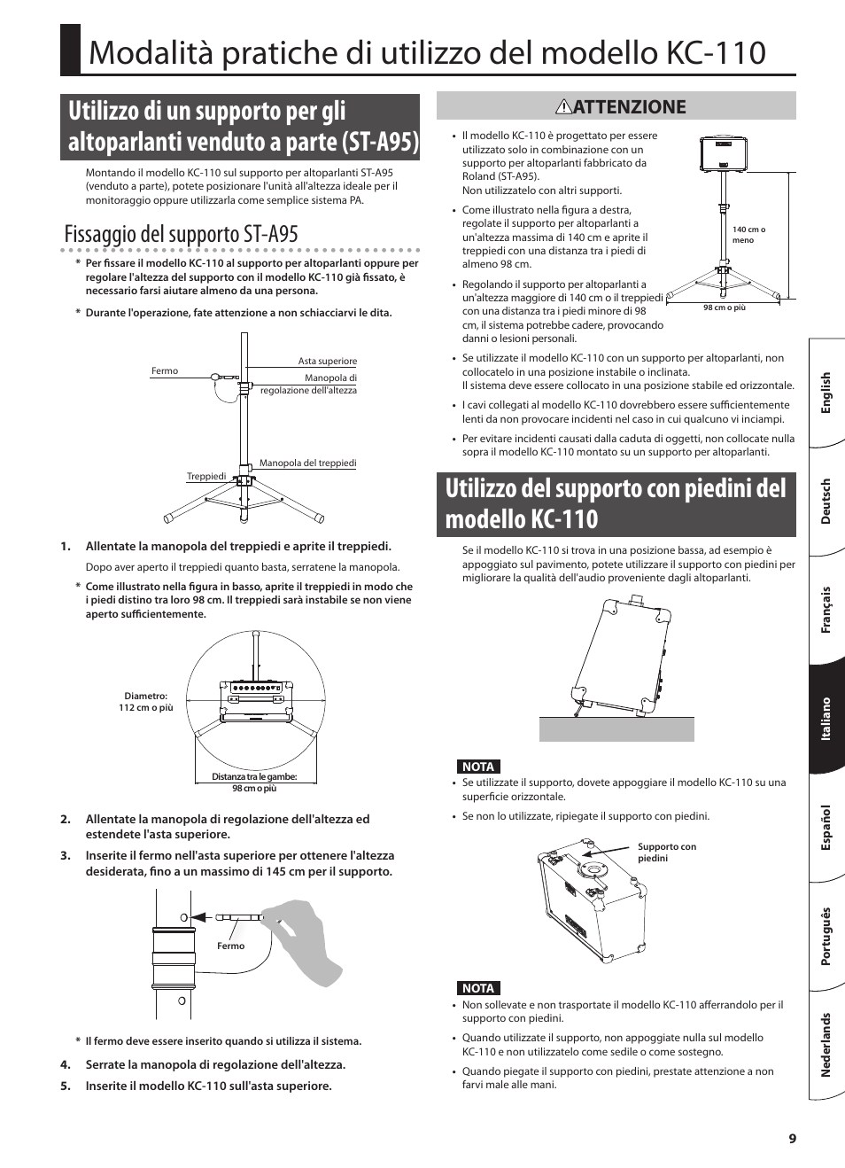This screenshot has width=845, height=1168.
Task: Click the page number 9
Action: pyautogui.click(x=793, y=1139)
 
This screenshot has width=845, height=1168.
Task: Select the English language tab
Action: pyautogui.click(x=826, y=393)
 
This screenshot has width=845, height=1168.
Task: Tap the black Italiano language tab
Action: pyautogui.click(x=826, y=719)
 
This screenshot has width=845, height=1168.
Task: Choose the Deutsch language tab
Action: pyautogui.click(x=826, y=502)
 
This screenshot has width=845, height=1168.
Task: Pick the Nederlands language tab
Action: pyautogui.click(x=826, y=1045)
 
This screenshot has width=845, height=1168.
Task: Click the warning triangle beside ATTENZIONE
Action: pyautogui.click(x=563, y=107)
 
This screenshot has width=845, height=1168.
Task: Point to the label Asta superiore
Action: pyautogui.click(x=327, y=362)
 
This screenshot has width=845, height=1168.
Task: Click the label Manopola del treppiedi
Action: pyautogui.click(x=307, y=463)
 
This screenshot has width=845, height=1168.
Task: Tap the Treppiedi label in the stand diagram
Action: pyautogui.click(x=206, y=477)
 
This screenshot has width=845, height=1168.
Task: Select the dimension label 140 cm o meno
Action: pyautogui.click(x=748, y=235)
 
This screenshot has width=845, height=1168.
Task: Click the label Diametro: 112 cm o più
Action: pyautogui.click(x=146, y=702)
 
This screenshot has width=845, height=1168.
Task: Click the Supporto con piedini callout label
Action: pyautogui.click(x=666, y=853)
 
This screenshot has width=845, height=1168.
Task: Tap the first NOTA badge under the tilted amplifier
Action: pyautogui.click(x=478, y=767)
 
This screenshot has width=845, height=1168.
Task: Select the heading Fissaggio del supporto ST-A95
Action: pyautogui.click(x=182, y=234)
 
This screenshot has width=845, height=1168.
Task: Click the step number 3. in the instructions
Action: pyautogui.click(x=66, y=856)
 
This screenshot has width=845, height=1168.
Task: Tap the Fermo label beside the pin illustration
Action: pyautogui.click(x=230, y=946)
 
